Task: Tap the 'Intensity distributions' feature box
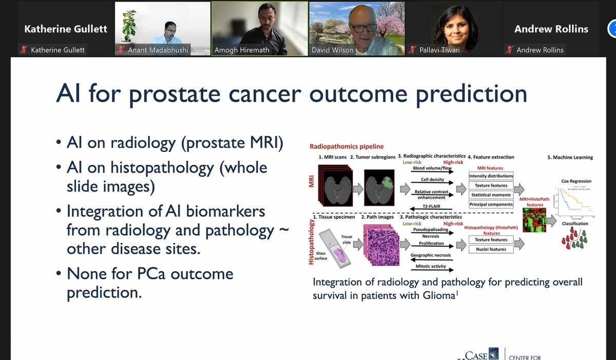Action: (491, 176)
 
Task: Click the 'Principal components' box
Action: (491, 204)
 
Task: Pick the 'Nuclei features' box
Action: (491, 249)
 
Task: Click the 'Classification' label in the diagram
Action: (575, 224)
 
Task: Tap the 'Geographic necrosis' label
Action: (431, 255)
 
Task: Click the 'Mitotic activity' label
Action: (431, 267)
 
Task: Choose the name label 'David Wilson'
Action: (332, 50)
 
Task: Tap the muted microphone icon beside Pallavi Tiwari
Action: (412, 50)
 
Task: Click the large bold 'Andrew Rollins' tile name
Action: (551, 29)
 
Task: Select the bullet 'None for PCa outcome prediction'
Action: (150, 282)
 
